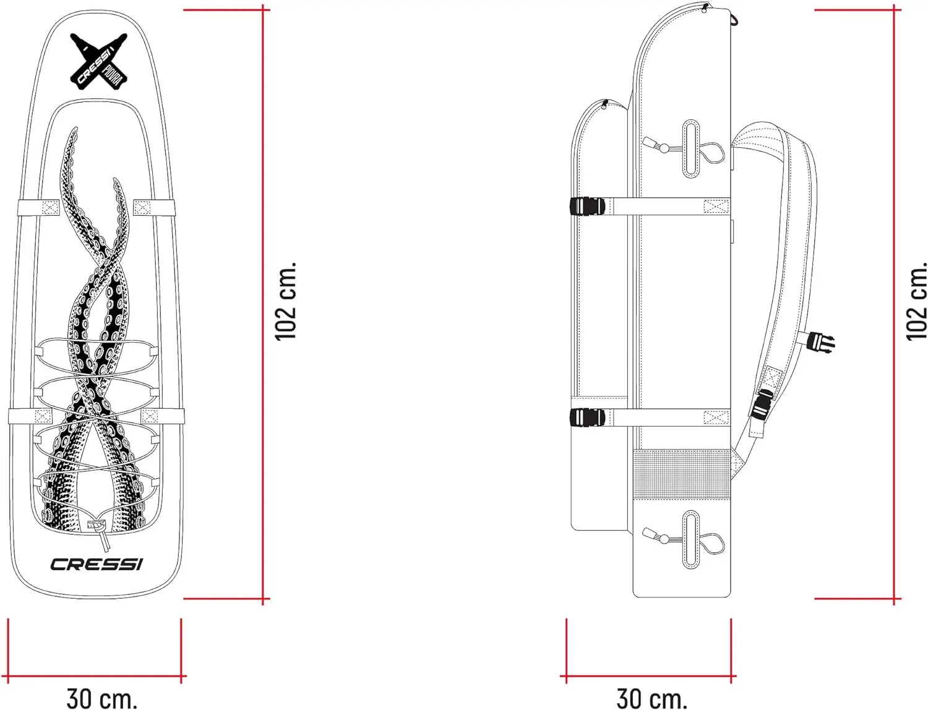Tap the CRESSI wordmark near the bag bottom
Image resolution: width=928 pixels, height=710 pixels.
click(x=97, y=564)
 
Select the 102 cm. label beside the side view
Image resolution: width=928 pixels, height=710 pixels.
click(x=916, y=301)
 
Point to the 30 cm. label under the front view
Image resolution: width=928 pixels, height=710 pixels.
click(x=102, y=698)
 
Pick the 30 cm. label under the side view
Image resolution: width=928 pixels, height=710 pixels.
click(x=652, y=698)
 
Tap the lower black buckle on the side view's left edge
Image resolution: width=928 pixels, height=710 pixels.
click(x=586, y=417)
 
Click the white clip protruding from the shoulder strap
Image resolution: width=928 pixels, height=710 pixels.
click(x=822, y=340)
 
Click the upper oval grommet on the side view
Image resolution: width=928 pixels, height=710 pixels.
click(x=691, y=148)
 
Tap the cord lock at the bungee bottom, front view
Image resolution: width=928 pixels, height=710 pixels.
click(x=97, y=526)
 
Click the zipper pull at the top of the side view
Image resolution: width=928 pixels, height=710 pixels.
click(x=705, y=7)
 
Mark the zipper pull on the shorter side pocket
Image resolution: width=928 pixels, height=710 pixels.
click(x=604, y=104)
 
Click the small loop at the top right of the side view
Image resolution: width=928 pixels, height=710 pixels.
click(x=734, y=20)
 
